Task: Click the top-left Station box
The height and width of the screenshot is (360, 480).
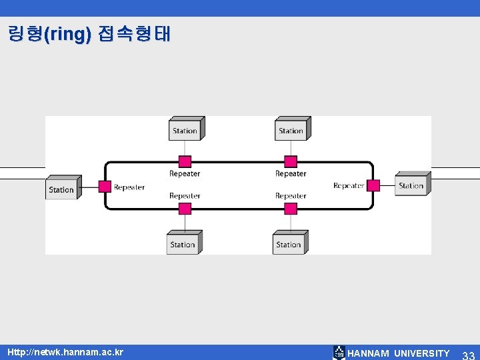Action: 185,130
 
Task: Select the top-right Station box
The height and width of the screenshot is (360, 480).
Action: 291,130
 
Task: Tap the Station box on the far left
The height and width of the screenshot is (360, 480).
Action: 62,189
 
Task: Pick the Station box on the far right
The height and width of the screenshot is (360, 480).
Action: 411,185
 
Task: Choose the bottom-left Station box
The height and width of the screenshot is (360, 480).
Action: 183,244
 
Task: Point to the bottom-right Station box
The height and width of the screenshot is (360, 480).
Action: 289,244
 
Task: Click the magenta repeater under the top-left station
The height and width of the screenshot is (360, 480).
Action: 185,161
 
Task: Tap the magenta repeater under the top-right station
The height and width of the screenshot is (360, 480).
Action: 291,161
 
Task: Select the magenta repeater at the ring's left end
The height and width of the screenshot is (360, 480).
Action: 105,187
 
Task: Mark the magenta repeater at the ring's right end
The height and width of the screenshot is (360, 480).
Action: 373,185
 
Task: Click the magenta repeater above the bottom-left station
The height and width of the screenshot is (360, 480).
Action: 185,209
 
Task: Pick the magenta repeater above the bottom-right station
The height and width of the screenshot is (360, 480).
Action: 291,209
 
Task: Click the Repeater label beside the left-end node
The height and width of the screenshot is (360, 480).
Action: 129,187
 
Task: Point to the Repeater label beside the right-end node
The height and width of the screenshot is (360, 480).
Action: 349,185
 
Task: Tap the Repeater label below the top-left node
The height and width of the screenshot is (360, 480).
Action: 185,174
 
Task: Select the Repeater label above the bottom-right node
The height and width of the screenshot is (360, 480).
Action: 291,196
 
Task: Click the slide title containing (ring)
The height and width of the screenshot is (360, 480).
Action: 89,33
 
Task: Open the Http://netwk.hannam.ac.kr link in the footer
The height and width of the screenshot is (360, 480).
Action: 65,351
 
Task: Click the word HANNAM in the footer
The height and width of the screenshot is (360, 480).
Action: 368,353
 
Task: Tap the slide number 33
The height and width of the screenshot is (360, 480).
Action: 468,354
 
